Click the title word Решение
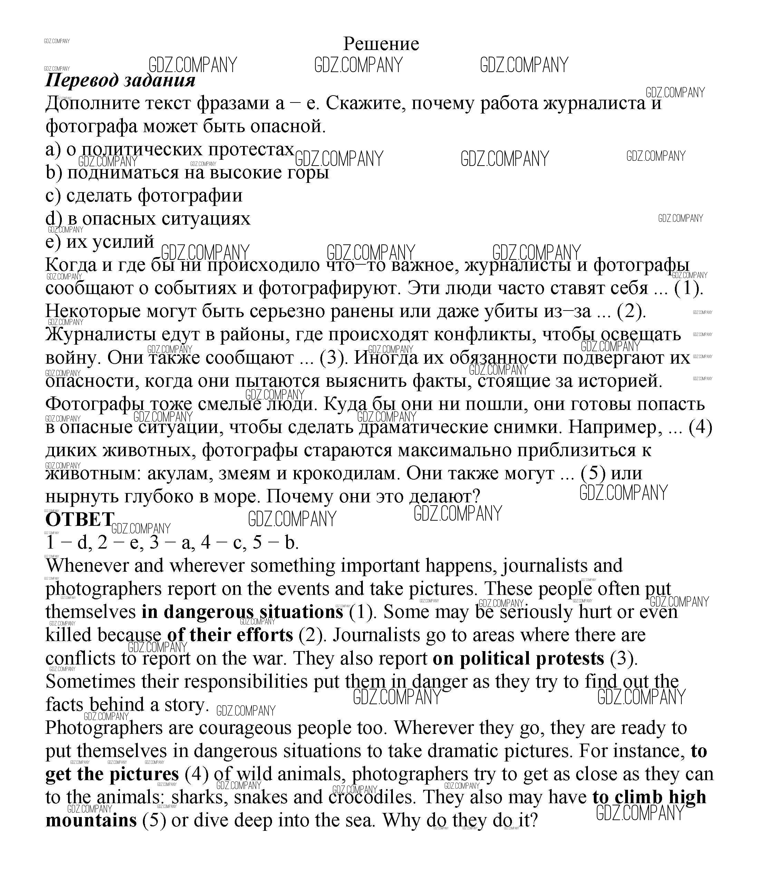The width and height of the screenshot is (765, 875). pos(381,44)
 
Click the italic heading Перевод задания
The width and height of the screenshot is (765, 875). pos(120,80)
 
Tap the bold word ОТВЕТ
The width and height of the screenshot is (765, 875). pos(79,520)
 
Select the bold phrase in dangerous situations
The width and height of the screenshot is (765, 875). pos(242,612)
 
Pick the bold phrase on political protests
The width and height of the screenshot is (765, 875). pos(518,658)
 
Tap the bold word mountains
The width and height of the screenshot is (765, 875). pos(91,820)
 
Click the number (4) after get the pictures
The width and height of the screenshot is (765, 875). pos(196,774)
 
